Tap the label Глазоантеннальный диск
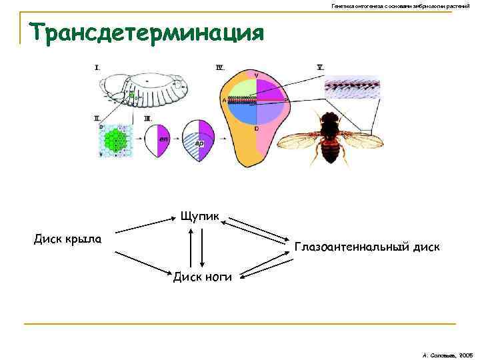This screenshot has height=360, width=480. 367,247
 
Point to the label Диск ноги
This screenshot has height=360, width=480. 203,277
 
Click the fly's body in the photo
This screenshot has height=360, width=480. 329,137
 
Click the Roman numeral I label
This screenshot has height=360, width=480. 97,67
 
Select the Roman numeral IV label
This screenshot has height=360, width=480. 220,67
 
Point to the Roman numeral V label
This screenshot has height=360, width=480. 321,67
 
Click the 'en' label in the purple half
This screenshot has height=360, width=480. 163,139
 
